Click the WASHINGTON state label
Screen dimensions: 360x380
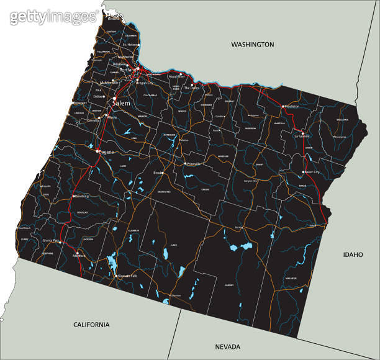[252, 45]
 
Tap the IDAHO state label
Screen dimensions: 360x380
[352, 254]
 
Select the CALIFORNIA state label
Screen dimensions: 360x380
[91, 325]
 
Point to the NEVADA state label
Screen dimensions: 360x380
[227, 346]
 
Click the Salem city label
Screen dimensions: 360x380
[121, 103]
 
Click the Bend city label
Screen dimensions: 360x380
[157, 173]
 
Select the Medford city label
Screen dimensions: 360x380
[79, 256]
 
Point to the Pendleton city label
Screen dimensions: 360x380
[291, 106]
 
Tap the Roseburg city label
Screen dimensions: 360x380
[81, 196]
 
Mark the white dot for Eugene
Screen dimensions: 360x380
[97, 151]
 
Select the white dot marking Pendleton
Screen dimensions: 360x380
[283, 106]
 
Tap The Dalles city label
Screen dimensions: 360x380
[191, 88]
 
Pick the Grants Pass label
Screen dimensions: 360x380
[51, 240]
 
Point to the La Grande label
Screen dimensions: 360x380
[302, 136]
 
